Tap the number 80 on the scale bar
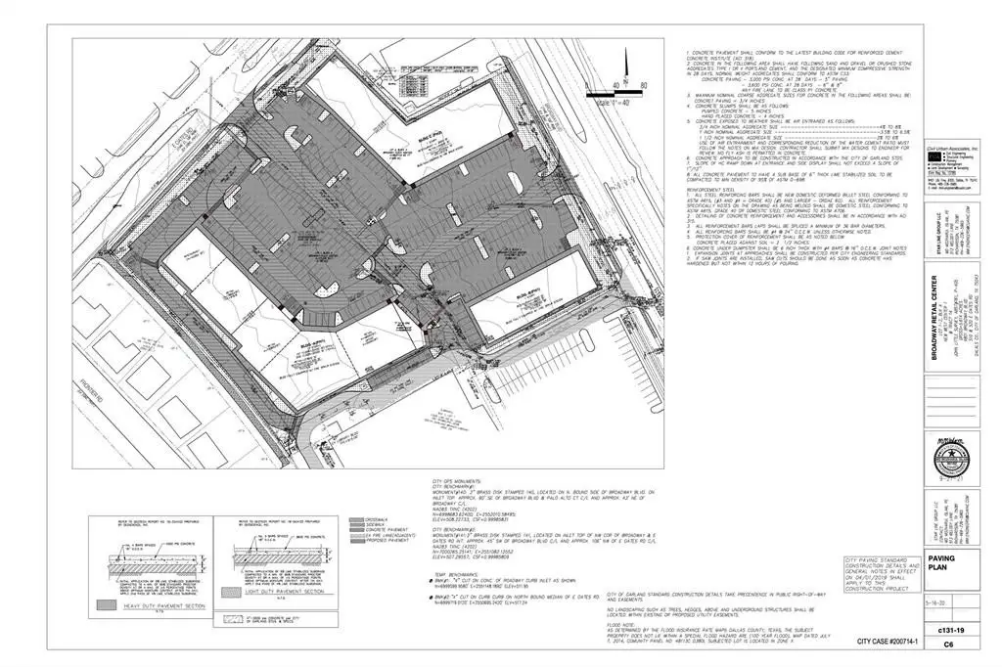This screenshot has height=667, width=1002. [x=643, y=85]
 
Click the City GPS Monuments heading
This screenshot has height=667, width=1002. [x=456, y=481]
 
